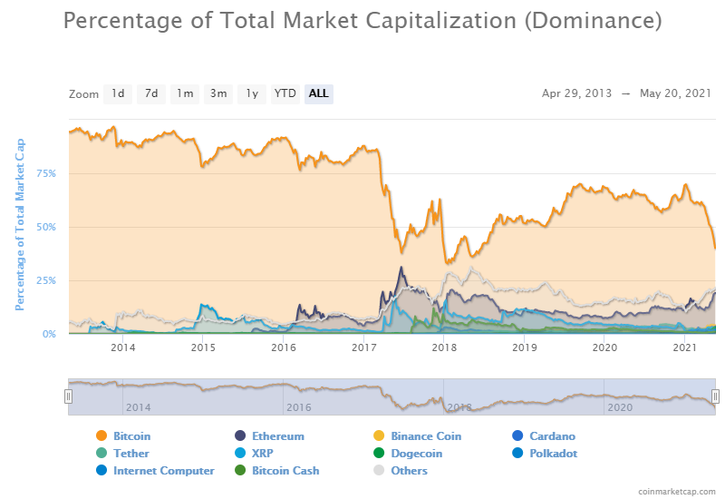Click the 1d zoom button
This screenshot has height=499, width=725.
118,93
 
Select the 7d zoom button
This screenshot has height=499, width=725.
151,93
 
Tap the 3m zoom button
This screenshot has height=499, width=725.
218,93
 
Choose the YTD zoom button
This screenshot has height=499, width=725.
285,93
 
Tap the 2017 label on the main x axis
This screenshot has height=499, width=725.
364,347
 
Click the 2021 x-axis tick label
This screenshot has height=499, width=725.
686,347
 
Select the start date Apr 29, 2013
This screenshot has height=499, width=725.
576,93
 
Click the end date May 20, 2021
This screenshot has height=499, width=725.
676,93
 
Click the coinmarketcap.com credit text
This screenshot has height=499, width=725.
675,490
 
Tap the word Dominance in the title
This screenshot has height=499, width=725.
594,20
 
